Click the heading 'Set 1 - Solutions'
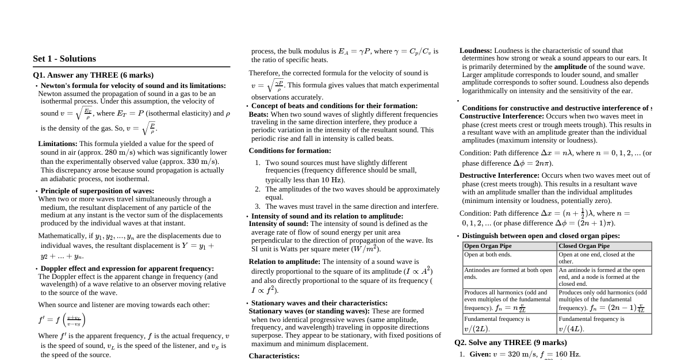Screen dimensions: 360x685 click(x=64, y=59)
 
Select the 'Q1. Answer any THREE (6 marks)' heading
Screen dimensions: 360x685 click(x=93, y=75)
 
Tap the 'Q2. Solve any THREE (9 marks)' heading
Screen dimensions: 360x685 click(x=510, y=343)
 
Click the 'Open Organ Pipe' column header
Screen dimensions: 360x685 click(x=488, y=246)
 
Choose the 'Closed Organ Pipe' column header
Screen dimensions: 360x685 click(x=584, y=246)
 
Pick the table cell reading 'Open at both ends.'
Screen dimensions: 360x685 click(x=488, y=254)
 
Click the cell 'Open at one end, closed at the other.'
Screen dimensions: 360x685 click(x=596, y=258)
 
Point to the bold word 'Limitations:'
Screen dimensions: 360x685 click(x=58, y=144)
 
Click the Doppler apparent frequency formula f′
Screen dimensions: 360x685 click(x=62, y=320)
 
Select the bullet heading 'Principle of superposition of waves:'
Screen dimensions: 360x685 click(x=97, y=191)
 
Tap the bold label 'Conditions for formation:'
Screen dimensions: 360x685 click(x=290, y=151)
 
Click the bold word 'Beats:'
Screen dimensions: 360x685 click(x=259, y=114)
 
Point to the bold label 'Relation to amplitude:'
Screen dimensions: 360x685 click(x=284, y=262)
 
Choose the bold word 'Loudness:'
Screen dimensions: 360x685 click(x=476, y=51)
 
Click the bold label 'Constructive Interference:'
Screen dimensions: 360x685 click(x=502, y=116)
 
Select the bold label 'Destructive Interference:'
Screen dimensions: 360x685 click(x=499, y=175)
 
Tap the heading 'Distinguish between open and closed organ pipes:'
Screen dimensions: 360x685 click(x=541, y=236)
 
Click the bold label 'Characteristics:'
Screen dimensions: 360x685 click(x=274, y=356)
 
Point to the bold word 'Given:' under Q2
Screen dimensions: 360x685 click(x=480, y=354)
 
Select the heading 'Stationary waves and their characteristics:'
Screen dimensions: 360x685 click(x=319, y=303)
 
